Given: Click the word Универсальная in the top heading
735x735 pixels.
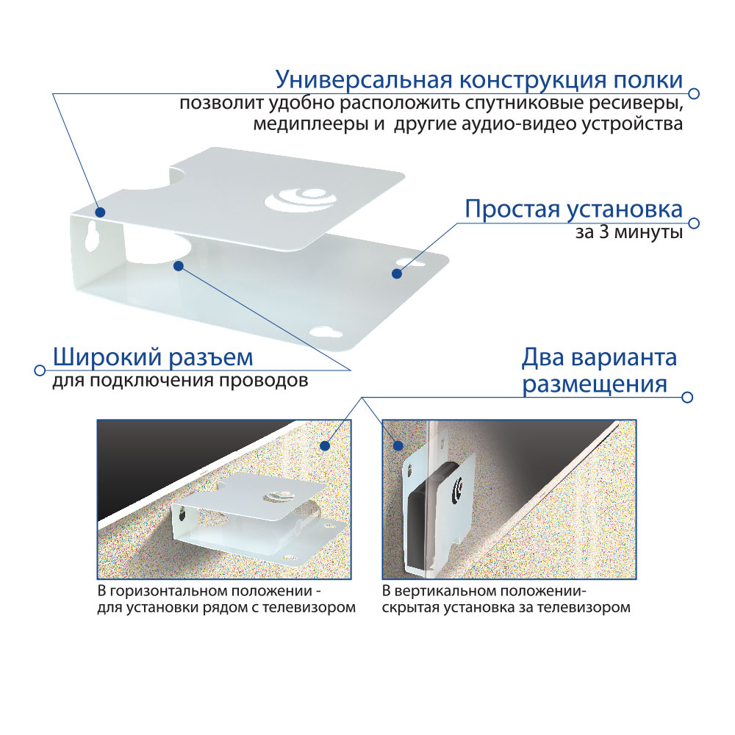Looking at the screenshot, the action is [365, 80].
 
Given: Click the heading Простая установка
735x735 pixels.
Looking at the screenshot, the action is [574, 209].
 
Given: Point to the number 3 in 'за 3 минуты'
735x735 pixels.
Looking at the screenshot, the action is [605, 232].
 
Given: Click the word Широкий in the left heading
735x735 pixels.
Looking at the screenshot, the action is [107, 358].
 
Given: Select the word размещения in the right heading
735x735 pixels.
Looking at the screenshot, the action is [595, 385].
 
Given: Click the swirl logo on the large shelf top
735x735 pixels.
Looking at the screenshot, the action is [302, 199].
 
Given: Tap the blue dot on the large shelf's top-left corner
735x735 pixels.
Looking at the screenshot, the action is [100, 212].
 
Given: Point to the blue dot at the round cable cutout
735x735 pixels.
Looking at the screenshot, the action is [178, 266].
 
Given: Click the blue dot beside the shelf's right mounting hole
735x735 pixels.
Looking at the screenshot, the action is [397, 273].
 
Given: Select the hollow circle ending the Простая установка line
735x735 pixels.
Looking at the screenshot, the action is [695, 223].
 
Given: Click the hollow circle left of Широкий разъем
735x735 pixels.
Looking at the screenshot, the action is [40, 370].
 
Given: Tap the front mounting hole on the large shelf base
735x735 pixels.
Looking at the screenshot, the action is [327, 333].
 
